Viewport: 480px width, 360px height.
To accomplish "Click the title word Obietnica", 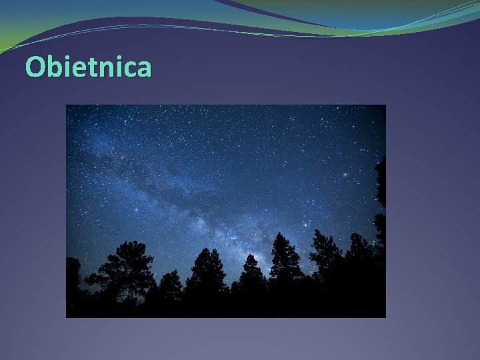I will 88,67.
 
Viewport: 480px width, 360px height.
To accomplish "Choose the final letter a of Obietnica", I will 143,69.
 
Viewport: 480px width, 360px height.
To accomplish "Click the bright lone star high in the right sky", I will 345,175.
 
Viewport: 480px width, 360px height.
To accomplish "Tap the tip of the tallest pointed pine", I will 285,233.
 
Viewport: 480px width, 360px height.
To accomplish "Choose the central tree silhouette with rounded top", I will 206,270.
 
